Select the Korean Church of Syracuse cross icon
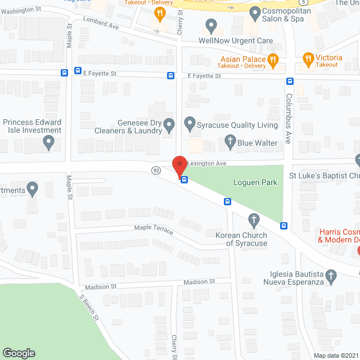[254, 219]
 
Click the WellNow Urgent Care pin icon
[211, 25]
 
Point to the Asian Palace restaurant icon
[273, 58]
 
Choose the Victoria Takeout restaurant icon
[308, 58]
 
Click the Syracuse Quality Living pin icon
[190, 123]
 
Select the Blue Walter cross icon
[229, 142]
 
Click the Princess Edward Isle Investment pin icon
[49, 143]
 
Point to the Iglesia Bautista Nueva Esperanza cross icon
[332, 276]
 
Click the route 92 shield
[156, 169]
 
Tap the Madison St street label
[197, 281]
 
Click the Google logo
[18, 353]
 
